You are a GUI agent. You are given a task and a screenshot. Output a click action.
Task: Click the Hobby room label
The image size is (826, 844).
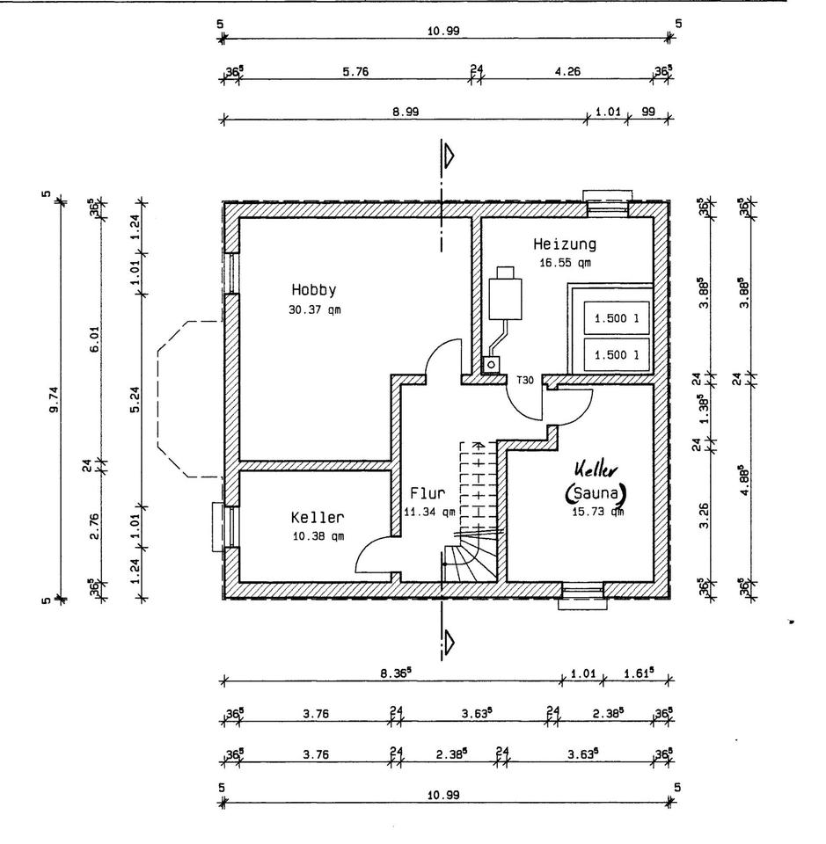pyautogui.click(x=315, y=289)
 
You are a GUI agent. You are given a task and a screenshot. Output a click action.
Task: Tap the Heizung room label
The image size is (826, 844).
pyautogui.click(x=565, y=244)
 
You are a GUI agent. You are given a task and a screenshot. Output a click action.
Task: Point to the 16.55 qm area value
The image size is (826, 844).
pyautogui.click(x=565, y=262)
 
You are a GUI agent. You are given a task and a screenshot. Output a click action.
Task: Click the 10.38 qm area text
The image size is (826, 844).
pyautogui.click(x=318, y=536)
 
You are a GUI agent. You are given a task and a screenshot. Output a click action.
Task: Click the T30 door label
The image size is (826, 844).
pyautogui.click(x=524, y=380)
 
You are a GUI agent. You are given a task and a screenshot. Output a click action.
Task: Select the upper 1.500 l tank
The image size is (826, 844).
pyautogui.click(x=615, y=318)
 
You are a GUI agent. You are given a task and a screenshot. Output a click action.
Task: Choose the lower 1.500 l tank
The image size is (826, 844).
pyautogui.click(x=615, y=354)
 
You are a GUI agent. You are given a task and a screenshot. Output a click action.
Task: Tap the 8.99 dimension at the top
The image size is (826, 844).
pyautogui.click(x=404, y=112)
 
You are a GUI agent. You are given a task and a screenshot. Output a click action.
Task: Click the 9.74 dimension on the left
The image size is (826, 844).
pyautogui.click(x=55, y=400)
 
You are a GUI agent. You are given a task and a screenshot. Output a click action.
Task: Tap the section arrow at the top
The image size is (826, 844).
pyautogui.click(x=449, y=156)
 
